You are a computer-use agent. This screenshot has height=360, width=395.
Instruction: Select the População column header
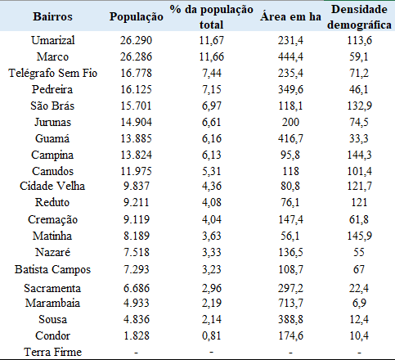tap(137, 16)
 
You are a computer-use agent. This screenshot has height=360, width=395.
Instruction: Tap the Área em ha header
tap(288, 16)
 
